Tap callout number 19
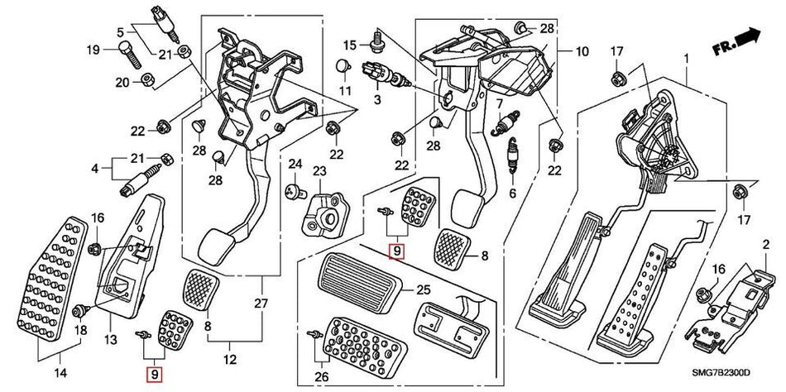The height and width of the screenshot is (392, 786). tap(93, 50)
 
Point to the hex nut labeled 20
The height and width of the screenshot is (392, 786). tap(142, 80)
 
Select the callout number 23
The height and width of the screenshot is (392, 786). tap(318, 171)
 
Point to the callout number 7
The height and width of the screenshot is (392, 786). tap(499, 103)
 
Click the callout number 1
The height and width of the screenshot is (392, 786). tap(685, 57)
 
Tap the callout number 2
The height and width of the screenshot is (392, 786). tap(765, 245)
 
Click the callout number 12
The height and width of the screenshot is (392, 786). tap(229, 361)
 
